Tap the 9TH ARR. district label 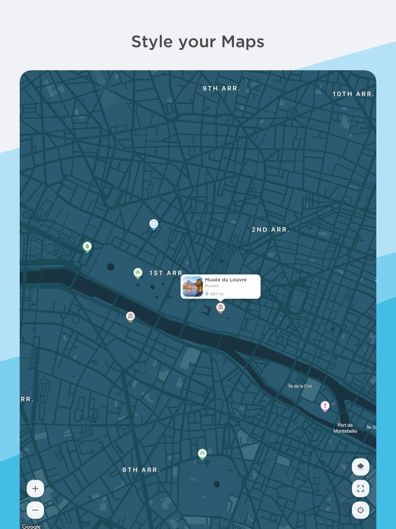[221, 88]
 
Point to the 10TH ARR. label [353, 94]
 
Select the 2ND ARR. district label [270, 229]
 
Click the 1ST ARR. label [166, 273]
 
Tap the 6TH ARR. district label [141, 470]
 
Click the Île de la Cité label [300, 386]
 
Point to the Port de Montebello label [345, 428]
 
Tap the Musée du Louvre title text [226, 280]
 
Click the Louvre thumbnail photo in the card [192, 287]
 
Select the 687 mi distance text [217, 294]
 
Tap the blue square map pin [153, 224]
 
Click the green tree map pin [87, 246]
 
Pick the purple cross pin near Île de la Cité [325, 406]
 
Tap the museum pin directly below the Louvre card [221, 308]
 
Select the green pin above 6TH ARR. [202, 454]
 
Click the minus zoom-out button [35, 510]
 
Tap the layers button [360, 467]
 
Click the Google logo [31, 526]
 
